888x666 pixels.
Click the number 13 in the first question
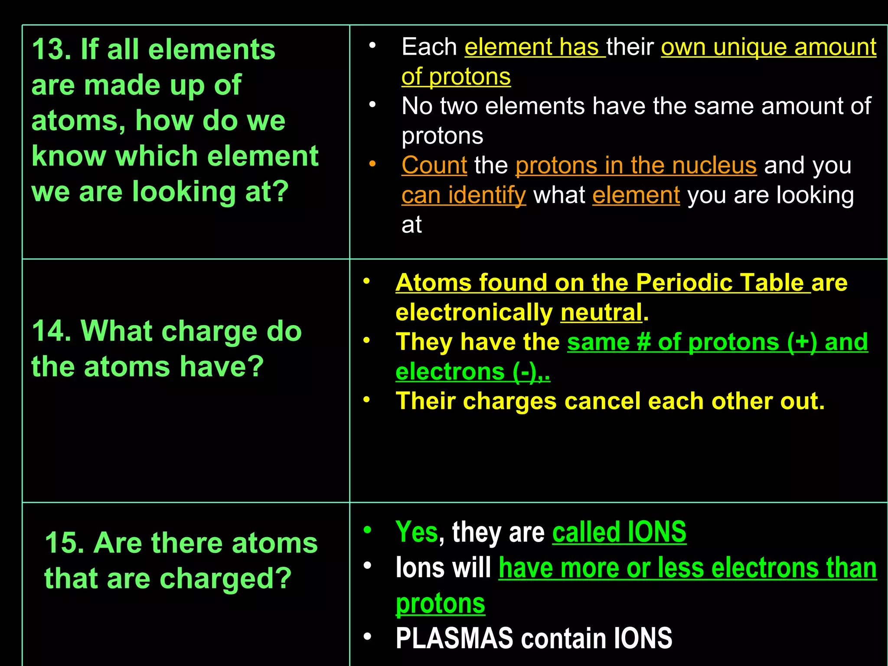click(48, 49)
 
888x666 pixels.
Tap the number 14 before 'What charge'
click(48, 331)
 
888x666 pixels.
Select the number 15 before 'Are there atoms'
click(61, 543)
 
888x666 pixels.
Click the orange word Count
click(434, 166)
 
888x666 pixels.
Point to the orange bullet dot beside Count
click(372, 164)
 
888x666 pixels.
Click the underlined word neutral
click(601, 313)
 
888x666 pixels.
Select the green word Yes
click(417, 532)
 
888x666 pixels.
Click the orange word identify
click(487, 196)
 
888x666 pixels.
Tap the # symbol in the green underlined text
click(643, 342)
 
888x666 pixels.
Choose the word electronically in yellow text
click(474, 313)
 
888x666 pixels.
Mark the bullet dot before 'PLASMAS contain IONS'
click(367, 637)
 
